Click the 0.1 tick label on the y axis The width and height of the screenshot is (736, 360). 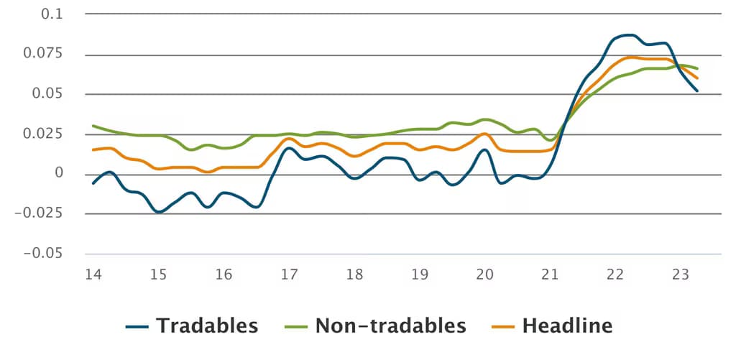pos(52,14)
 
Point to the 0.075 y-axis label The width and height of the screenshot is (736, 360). pos(43,54)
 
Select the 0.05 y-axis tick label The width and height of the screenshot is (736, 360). pos(47,94)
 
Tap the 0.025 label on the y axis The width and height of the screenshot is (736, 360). pos(43,134)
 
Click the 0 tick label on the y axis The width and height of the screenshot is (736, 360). pos(59,174)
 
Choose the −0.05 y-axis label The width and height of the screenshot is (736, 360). pos(43,254)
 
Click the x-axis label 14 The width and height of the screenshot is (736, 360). pos(93,274)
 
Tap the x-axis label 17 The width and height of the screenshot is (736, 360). pos(289,274)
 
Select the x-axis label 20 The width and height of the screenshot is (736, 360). pos(485,274)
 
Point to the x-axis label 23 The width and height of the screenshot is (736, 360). pos(681,274)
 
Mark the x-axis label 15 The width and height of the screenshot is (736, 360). pos(159,274)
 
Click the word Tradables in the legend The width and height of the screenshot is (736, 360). pos(207,326)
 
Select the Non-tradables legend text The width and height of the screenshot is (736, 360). pos(391,326)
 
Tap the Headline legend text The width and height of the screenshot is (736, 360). pos(568,326)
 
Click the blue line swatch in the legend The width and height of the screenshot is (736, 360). pos(137,326)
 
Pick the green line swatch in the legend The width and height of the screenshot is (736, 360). pos(297,326)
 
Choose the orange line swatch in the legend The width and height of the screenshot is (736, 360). pos(504,326)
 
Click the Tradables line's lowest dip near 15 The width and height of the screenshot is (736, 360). pos(159,212)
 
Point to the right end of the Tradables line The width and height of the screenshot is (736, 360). pos(697,91)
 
